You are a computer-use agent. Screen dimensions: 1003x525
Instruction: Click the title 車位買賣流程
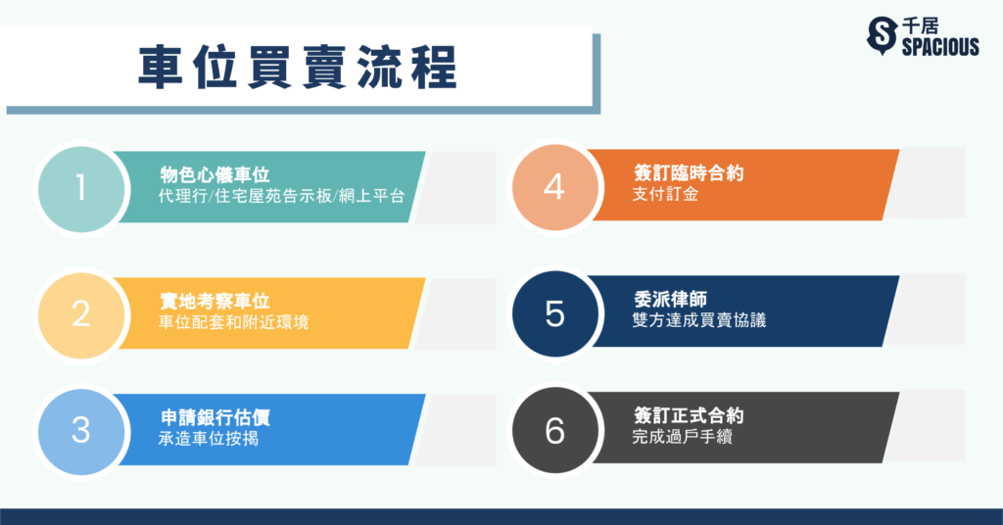[298, 68]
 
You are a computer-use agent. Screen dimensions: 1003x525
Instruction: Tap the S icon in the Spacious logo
[882, 35]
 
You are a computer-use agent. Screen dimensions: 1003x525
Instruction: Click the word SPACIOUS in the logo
[940, 47]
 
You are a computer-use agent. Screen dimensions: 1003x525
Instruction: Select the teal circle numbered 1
[81, 189]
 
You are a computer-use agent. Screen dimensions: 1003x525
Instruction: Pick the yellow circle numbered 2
[81, 315]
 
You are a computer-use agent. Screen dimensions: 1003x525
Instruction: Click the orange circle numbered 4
[554, 187]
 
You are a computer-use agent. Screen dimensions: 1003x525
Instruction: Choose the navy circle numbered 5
[554, 314]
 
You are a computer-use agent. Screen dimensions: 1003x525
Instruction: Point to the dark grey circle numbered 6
[554, 430]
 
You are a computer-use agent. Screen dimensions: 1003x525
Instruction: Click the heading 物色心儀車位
[215, 174]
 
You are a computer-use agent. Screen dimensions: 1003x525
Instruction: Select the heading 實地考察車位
[215, 301]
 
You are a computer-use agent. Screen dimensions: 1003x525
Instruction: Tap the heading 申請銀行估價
[215, 417]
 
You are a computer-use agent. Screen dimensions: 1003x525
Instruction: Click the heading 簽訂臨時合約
[689, 172]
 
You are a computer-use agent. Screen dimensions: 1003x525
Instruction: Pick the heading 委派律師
[670, 300]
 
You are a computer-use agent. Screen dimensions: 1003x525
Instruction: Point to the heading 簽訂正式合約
[689, 415]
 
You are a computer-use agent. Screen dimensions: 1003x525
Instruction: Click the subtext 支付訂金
[665, 194]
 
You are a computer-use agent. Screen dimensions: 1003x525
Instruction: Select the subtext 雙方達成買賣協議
[699, 320]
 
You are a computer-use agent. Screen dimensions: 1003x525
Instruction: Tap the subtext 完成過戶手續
[682, 437]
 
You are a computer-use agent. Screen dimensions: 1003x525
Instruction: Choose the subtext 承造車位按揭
[209, 439]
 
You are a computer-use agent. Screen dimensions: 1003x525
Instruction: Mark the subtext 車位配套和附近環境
[233, 321]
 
